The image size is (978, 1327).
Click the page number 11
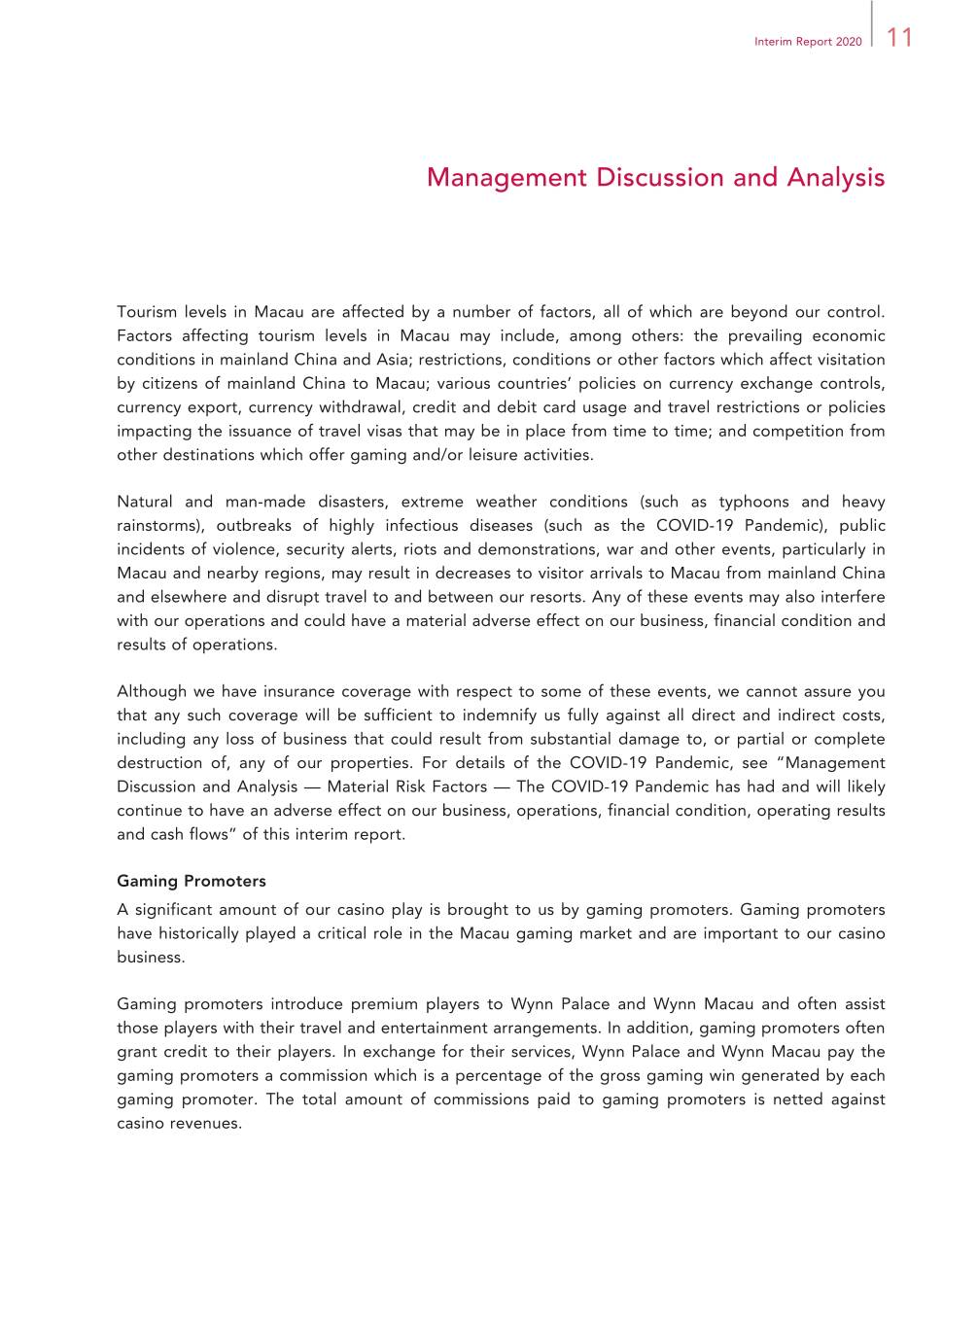click(899, 38)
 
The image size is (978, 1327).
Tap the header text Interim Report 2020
click(807, 42)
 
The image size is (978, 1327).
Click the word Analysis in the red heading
click(835, 178)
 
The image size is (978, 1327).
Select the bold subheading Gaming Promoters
click(192, 882)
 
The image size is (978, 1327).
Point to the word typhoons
click(753, 503)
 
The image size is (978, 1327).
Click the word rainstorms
click(158, 526)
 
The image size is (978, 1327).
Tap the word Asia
click(393, 361)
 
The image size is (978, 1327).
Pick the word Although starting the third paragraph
click(152, 692)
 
